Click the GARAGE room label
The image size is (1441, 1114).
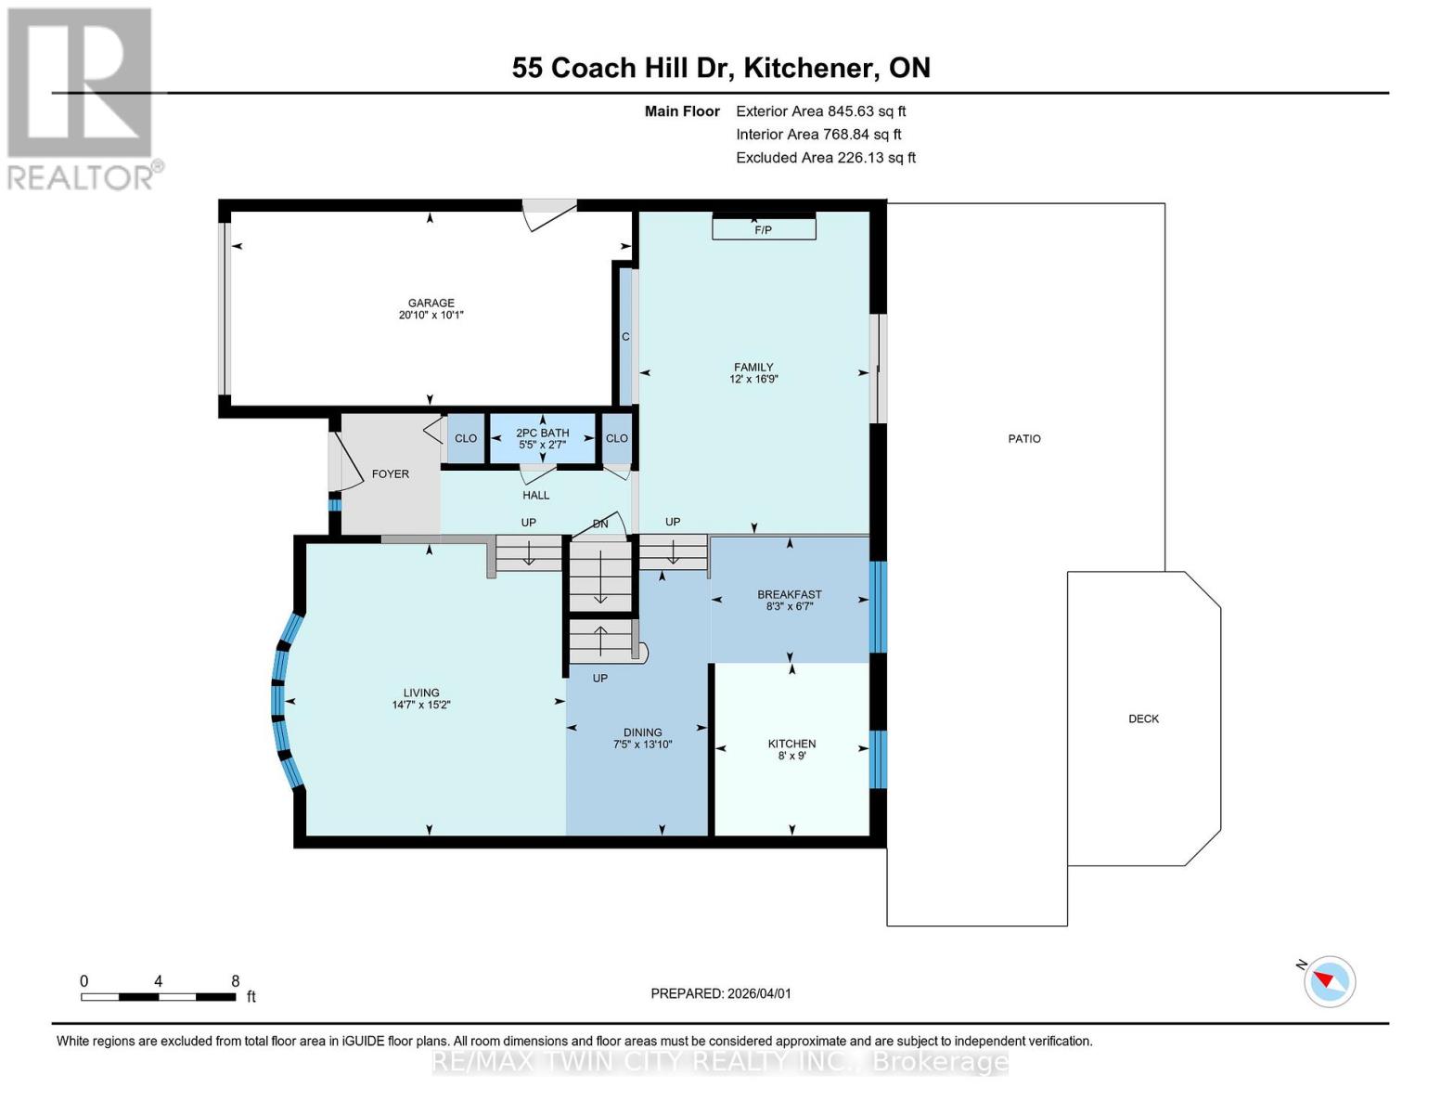(x=431, y=303)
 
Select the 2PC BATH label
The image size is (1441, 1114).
(x=543, y=433)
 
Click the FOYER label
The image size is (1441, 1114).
(x=390, y=473)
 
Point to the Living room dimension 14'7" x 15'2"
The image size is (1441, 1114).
(x=421, y=705)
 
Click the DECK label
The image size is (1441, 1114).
(x=1144, y=719)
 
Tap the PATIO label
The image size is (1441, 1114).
(x=1024, y=438)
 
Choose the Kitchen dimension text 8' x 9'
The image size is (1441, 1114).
(x=791, y=756)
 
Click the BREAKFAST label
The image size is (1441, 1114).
(x=789, y=594)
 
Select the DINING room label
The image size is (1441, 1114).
(x=643, y=732)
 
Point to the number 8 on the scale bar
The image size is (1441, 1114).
(x=236, y=980)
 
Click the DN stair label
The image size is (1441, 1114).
(x=600, y=525)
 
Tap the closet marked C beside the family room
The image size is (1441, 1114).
(x=625, y=335)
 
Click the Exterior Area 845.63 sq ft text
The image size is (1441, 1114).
(x=821, y=111)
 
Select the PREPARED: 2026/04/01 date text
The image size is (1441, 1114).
(x=721, y=993)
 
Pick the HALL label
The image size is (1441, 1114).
(x=535, y=495)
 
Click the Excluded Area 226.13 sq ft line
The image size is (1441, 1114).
(x=826, y=158)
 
